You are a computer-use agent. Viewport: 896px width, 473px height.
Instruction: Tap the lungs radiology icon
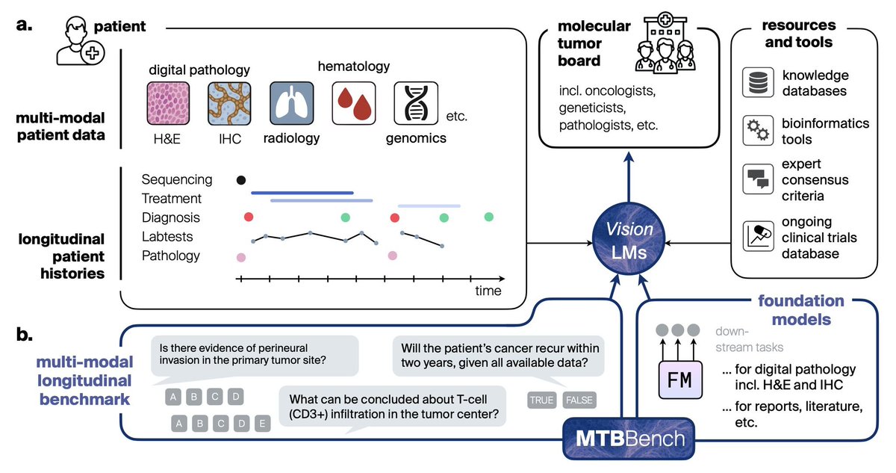coord(291,103)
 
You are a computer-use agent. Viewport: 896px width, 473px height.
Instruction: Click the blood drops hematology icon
coord(354,103)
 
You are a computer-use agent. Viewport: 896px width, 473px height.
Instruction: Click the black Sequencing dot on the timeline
coord(240,179)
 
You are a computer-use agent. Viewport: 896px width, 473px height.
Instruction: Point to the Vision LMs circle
coord(629,243)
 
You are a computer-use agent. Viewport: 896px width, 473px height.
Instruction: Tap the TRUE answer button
coord(542,400)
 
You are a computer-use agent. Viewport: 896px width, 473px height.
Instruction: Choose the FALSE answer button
coord(579,400)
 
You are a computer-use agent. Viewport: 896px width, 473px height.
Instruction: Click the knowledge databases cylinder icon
coord(757,84)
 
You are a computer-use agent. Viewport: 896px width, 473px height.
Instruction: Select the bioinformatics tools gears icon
coord(757,130)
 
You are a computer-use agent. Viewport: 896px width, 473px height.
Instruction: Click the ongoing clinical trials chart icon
coord(757,236)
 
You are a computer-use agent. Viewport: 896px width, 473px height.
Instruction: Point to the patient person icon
coord(80,43)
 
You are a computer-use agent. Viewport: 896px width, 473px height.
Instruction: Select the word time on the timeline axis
coord(488,291)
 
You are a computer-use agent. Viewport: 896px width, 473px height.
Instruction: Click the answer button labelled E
coord(262,424)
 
